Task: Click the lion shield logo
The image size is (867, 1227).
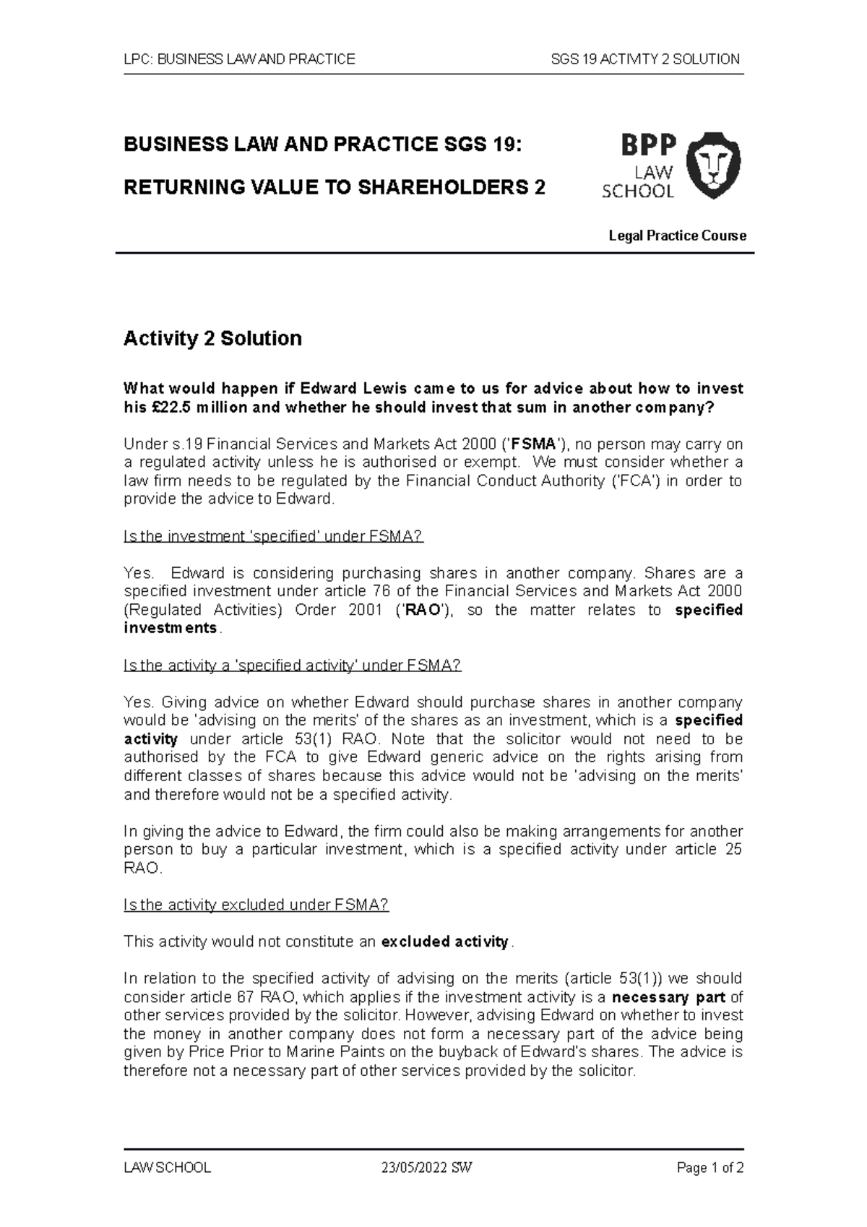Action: tap(713, 165)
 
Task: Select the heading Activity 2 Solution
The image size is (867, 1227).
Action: tap(212, 338)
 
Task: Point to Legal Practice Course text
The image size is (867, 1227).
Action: tap(677, 236)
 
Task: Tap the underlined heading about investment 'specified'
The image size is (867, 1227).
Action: tap(273, 536)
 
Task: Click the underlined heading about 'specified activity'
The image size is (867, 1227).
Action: tap(292, 666)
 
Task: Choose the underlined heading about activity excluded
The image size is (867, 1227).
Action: tap(256, 905)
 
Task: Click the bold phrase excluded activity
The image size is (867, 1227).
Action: tap(445, 942)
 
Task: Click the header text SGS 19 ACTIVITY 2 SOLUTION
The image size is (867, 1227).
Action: tap(644, 59)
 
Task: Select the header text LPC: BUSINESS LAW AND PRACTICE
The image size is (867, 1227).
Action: tap(239, 59)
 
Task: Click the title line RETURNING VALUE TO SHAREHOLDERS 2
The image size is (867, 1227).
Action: tap(335, 188)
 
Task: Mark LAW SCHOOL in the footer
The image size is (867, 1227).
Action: tap(167, 1168)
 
